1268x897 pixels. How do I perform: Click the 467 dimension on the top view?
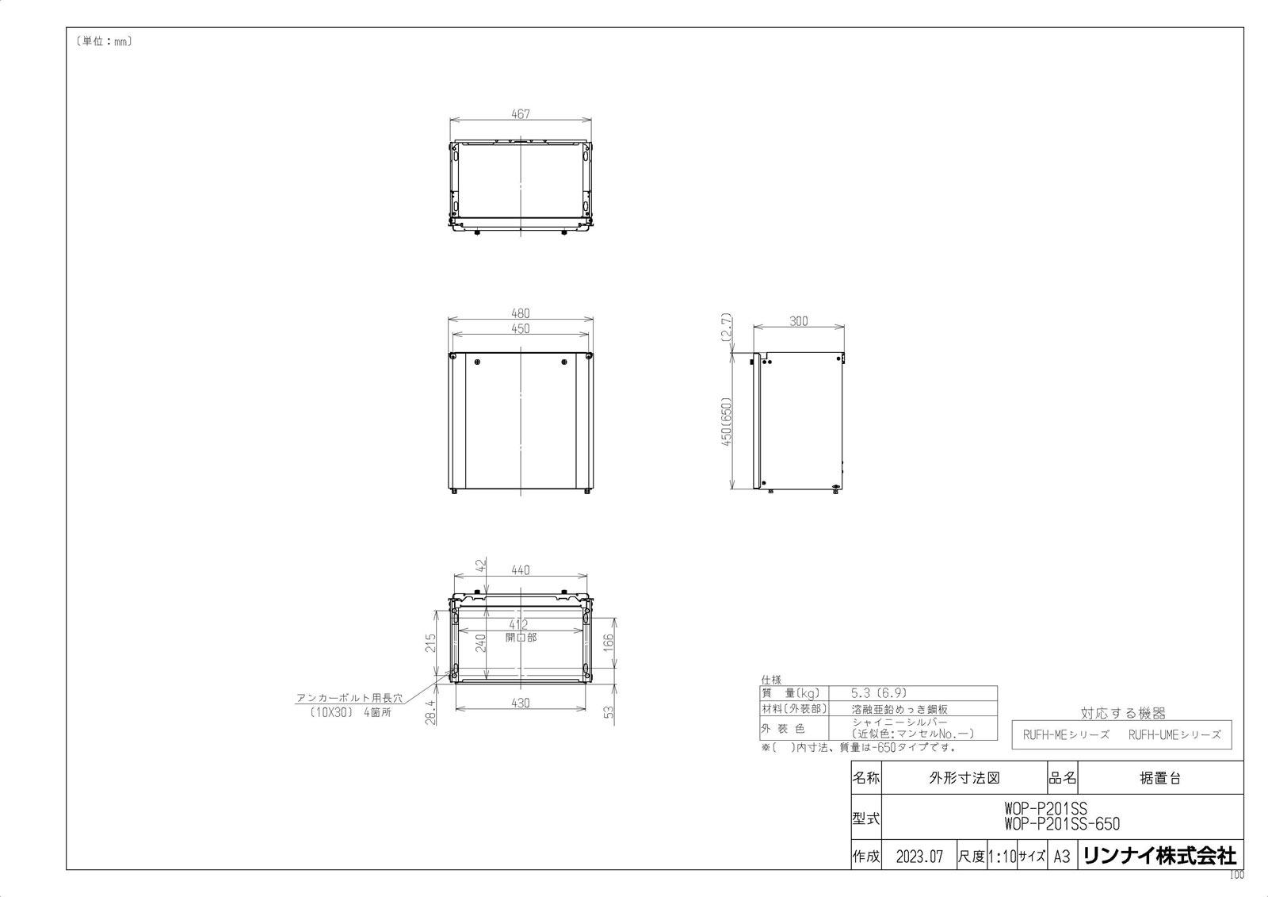pos(520,114)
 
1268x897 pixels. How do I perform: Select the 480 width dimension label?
pos(520,313)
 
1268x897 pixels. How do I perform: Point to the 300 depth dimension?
pos(798,321)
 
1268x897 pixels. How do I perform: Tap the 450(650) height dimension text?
pos(726,421)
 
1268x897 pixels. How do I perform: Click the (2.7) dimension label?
pos(726,327)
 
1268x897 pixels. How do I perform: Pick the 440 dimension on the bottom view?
pos(520,570)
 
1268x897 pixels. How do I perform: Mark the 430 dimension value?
pos(520,703)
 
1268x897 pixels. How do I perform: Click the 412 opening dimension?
pos(518,624)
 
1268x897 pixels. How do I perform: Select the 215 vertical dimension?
pos(430,642)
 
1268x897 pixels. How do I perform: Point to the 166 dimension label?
pos(608,642)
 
